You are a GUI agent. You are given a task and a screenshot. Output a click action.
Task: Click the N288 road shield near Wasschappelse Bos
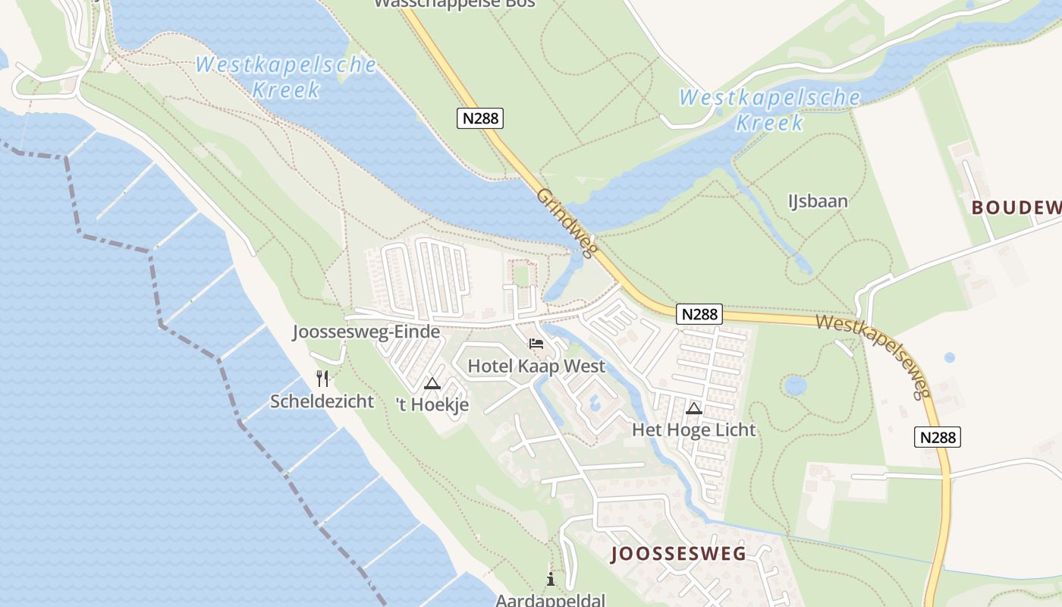coord(480,118)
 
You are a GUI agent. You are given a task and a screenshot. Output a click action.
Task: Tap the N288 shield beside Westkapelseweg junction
coord(699,314)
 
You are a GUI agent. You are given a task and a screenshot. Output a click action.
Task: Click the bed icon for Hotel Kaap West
coord(536,344)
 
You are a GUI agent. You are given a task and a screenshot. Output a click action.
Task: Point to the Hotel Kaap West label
coord(536,366)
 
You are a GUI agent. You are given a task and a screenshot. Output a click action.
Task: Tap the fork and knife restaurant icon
coord(322,378)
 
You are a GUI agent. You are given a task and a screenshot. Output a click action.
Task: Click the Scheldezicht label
coord(322,401)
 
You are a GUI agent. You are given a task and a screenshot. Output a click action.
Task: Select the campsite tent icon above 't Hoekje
coord(432,383)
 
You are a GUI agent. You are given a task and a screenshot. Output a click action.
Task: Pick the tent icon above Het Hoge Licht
coord(693,409)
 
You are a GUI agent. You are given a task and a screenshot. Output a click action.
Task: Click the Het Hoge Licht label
coord(693,430)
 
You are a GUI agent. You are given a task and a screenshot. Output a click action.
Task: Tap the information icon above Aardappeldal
coord(551,580)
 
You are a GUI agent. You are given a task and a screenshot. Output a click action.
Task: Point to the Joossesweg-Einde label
coord(366,332)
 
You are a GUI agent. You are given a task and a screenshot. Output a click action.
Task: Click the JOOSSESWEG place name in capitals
coord(678,554)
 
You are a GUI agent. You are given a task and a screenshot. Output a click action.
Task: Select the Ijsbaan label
coord(818,201)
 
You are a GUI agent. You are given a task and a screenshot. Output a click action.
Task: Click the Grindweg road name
coord(568,223)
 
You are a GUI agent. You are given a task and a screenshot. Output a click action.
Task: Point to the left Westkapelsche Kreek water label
coord(286,77)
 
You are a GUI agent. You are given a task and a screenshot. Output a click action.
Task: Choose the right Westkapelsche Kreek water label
coord(770,109)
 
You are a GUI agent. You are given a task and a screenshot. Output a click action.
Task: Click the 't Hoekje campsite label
coord(432,405)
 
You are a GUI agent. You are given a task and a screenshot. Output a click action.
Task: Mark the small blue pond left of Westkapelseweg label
coord(795,385)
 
